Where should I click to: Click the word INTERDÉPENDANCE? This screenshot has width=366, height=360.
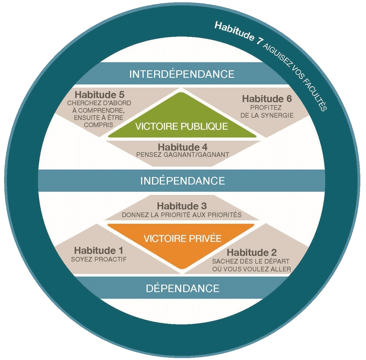point(182,74)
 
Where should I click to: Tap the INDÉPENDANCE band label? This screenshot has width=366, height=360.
point(182,180)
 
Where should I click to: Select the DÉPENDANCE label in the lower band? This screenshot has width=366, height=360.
point(182,288)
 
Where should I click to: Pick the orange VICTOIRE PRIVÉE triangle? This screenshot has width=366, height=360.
point(182,240)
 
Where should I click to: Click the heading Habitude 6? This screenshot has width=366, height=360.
point(267,99)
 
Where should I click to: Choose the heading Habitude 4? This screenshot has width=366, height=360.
point(182,147)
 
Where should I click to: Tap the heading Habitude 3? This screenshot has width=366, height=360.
point(182,206)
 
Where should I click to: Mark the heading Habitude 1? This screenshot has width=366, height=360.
point(99,251)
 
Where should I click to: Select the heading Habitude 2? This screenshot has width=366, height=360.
point(252,253)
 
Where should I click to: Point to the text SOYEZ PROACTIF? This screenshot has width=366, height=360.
point(99,259)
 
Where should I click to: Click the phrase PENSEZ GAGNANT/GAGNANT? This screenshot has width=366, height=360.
point(182,155)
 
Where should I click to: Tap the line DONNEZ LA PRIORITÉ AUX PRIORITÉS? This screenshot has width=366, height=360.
point(182,215)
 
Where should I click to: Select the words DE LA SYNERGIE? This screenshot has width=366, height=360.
point(267,115)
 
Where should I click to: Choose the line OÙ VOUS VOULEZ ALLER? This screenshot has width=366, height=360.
point(252,269)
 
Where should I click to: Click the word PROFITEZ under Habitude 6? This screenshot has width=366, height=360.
point(266,107)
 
